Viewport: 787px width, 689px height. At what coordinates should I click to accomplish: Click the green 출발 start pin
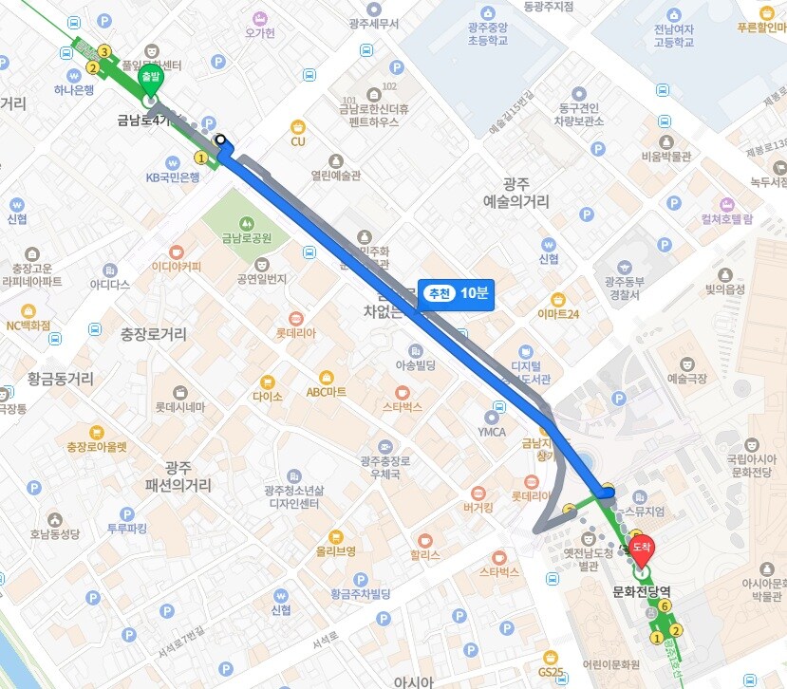click(x=150, y=80)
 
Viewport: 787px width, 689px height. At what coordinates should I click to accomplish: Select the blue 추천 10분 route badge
click(x=455, y=294)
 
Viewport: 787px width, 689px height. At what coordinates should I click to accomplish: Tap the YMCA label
click(x=493, y=432)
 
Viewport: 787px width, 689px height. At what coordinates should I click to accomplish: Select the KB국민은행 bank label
click(x=172, y=177)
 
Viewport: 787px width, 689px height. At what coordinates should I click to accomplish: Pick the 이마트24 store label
click(x=558, y=313)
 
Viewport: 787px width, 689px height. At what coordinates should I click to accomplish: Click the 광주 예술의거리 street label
click(x=515, y=193)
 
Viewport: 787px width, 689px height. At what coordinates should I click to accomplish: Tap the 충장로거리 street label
click(x=154, y=334)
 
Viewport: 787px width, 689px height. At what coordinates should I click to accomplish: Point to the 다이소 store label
click(x=267, y=396)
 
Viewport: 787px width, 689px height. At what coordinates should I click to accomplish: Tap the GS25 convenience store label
click(x=551, y=672)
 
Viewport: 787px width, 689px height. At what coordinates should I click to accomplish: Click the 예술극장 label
click(x=687, y=378)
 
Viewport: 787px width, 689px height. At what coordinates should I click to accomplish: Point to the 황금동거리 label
click(x=61, y=379)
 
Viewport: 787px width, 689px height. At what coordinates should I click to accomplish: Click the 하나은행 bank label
click(x=74, y=90)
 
